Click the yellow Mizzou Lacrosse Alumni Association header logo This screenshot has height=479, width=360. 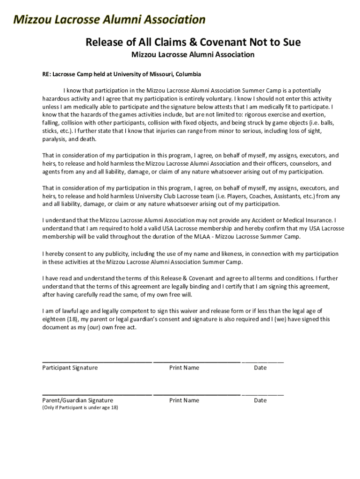point(109,20)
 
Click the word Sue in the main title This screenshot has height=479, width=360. point(290,43)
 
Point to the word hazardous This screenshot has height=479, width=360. point(58,99)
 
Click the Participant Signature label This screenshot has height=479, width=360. point(70,368)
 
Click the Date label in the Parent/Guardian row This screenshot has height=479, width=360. point(260,400)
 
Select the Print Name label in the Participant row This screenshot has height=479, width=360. point(184,368)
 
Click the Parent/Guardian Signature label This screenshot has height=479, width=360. point(78,400)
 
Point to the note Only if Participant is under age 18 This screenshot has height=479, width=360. point(80,408)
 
